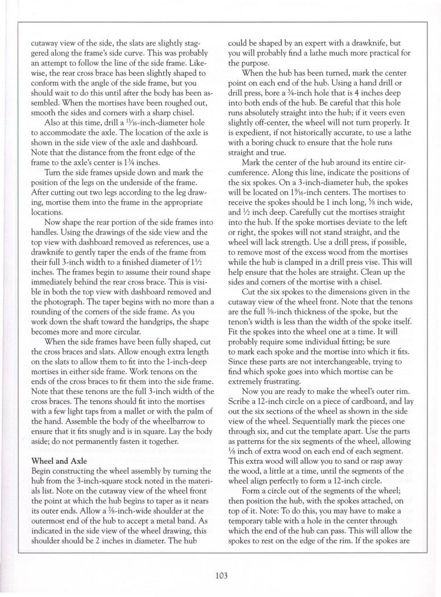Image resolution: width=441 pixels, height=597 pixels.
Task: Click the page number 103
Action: pyautogui.click(x=221, y=575)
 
